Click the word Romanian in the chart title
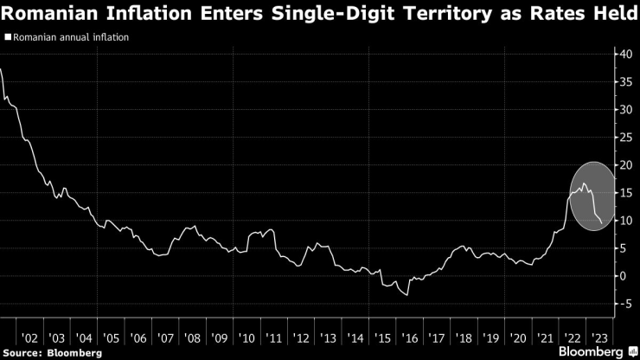pyautogui.click(x=48, y=13)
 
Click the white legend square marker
pyautogui.click(x=8, y=37)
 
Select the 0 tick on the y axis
pyautogui.click(x=624, y=276)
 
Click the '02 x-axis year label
pyautogui.click(x=30, y=338)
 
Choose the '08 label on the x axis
pyautogui.click(x=192, y=338)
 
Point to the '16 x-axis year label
pyautogui.click(x=409, y=338)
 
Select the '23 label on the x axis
pyautogui.click(x=598, y=338)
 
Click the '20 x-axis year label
pyautogui.click(x=517, y=338)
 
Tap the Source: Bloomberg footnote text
pyautogui.click(x=53, y=353)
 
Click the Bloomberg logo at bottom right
pyautogui.click(x=593, y=351)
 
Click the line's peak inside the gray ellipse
pyautogui.click(x=585, y=183)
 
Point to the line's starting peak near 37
pyautogui.click(x=3, y=69)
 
